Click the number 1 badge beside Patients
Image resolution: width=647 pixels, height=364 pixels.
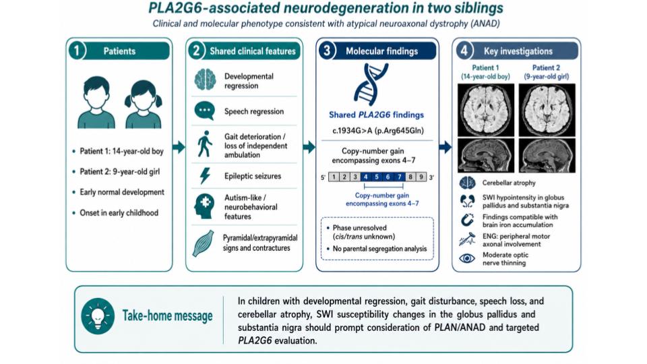(x=77, y=51)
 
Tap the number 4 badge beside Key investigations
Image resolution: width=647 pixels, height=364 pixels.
(x=464, y=51)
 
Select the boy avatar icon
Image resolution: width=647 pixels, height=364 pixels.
(x=96, y=102)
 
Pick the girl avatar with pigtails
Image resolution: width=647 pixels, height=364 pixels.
(x=143, y=104)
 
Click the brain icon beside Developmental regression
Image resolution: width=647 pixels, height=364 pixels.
(x=205, y=80)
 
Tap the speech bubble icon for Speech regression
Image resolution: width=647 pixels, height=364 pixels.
(x=205, y=111)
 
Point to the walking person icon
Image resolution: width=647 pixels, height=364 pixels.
(x=205, y=144)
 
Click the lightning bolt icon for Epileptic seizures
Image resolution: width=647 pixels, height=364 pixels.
(x=205, y=176)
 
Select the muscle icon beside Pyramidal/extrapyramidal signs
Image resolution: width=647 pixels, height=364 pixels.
(x=204, y=243)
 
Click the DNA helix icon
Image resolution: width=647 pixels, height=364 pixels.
(x=371, y=84)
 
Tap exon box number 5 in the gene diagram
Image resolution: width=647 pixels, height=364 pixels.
(x=377, y=177)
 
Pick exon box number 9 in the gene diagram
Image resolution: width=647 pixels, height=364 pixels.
(x=421, y=177)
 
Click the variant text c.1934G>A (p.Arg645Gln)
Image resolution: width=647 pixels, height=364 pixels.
(x=378, y=131)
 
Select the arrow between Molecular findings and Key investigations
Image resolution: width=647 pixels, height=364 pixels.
(x=445, y=147)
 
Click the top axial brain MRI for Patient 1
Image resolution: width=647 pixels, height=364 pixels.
(x=486, y=110)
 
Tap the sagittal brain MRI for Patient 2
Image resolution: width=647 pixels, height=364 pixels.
(x=547, y=155)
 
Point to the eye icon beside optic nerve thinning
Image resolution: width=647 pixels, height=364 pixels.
(x=467, y=258)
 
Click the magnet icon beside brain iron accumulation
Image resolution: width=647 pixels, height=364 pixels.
(x=467, y=220)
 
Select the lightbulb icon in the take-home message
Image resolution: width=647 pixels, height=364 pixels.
(x=98, y=316)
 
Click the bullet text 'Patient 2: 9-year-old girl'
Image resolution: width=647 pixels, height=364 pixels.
(x=120, y=172)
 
